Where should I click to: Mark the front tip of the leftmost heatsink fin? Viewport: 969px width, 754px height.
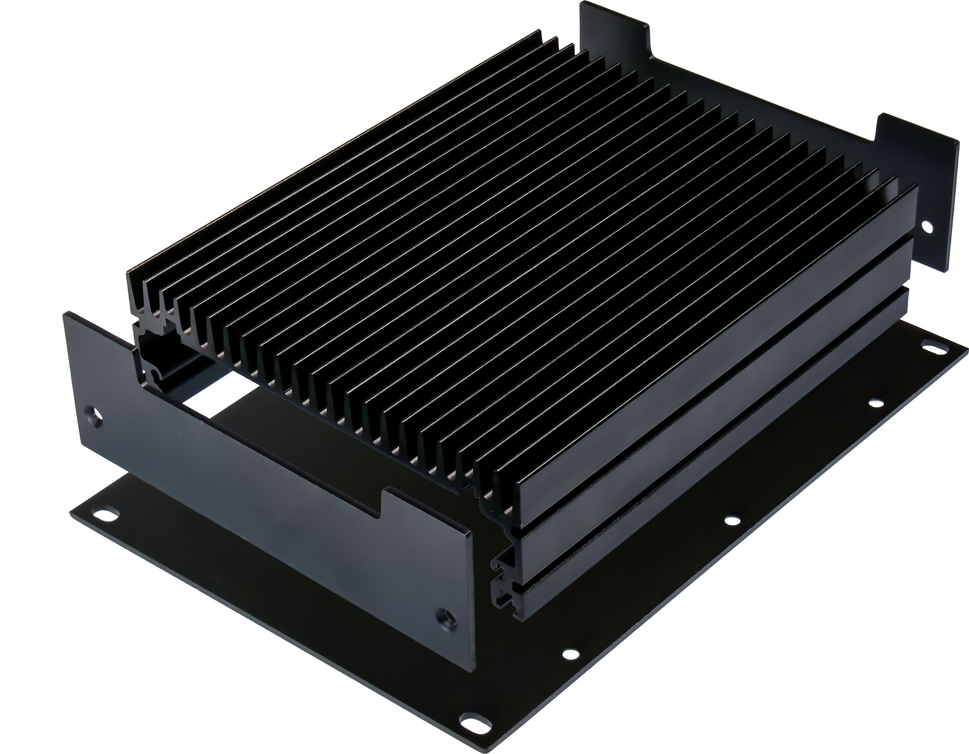tap(130, 276)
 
